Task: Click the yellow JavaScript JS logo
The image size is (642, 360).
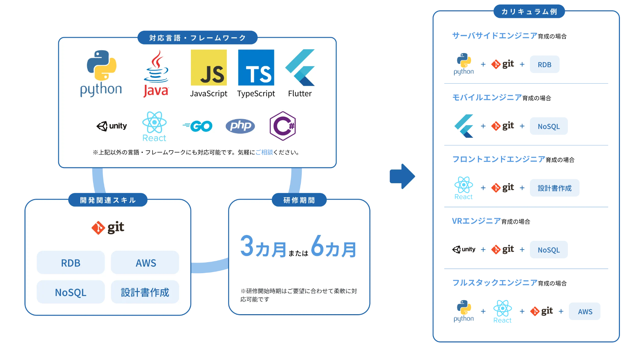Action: [208, 68]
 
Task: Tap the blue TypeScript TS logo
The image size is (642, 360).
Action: [256, 68]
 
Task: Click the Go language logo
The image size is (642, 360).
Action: [197, 126]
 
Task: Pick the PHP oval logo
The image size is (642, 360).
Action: [240, 126]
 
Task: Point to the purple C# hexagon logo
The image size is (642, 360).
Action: [283, 126]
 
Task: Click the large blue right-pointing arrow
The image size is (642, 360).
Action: [402, 176]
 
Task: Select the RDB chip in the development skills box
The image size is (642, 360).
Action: [71, 263]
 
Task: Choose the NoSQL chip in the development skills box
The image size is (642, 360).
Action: [71, 292]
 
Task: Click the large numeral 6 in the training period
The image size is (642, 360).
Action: [317, 246]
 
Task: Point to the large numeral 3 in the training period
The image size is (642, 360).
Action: [247, 246]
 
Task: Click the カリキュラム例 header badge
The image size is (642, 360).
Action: [529, 12]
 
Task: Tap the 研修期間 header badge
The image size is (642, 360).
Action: [299, 200]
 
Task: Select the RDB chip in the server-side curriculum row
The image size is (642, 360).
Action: [544, 64]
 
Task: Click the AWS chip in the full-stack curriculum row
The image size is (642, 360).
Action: [585, 311]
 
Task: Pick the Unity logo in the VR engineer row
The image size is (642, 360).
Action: [463, 249]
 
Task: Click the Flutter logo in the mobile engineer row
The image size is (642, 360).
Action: [463, 126]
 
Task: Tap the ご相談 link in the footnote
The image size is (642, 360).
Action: [264, 152]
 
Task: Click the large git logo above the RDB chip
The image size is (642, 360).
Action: [108, 228]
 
